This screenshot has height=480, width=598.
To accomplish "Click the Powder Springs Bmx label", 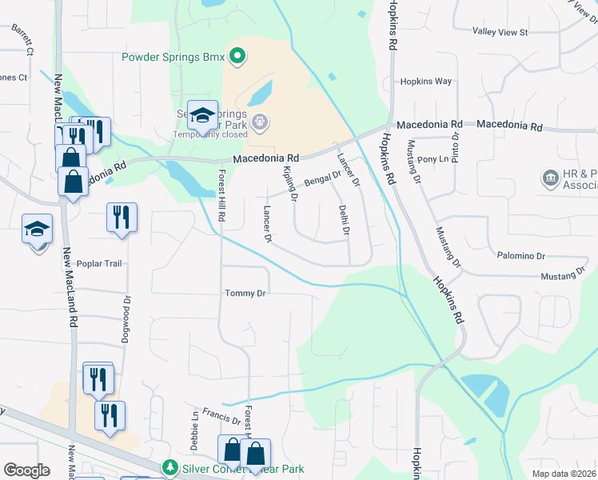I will tap(173, 56).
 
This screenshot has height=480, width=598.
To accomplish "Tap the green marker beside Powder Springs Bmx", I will tap(237, 56).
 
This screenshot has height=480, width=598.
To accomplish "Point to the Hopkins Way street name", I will tap(426, 82).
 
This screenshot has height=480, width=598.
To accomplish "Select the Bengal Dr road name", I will tap(322, 178).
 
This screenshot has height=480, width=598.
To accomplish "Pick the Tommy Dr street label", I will tap(244, 294).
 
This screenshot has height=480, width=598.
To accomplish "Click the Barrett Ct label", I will tap(22, 39).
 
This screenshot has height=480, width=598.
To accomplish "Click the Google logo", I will tap(26, 470).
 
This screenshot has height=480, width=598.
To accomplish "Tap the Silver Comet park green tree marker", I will tap(169, 466).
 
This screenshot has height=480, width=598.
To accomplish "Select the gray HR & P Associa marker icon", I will tap(550, 177).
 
